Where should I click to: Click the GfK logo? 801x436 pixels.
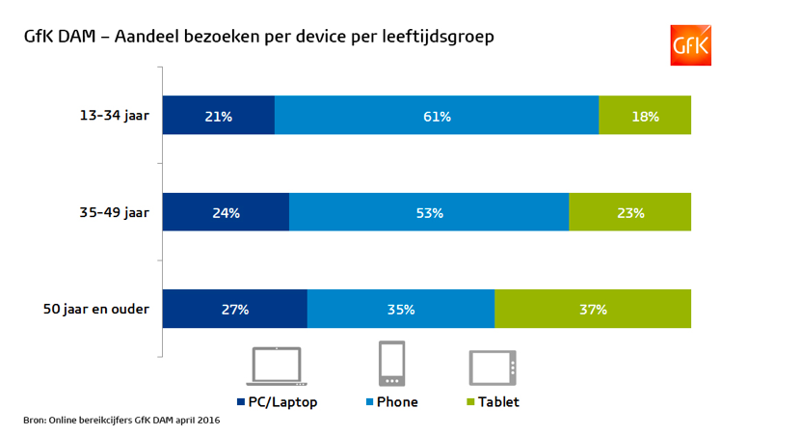pos(690,45)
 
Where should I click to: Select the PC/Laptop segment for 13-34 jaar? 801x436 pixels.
pos(219,116)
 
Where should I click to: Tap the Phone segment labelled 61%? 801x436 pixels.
pos(437,116)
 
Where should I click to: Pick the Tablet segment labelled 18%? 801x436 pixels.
pos(645,116)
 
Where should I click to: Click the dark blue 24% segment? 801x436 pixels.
pos(226,212)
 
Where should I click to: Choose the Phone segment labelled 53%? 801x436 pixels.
pos(429,212)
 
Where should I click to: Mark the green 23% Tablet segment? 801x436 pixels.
pos(629,212)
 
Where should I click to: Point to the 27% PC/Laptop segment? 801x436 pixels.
pos(234,310)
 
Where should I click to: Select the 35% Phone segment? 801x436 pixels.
pos(401,310)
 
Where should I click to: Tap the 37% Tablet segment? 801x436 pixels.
pos(593,310)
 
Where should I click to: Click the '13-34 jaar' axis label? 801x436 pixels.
pos(114,116)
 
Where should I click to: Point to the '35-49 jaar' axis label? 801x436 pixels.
pos(114,212)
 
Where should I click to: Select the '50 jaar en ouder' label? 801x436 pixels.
pos(96,310)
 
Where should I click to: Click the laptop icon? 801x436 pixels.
pos(280,367)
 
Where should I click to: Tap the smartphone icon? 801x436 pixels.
pos(391,365)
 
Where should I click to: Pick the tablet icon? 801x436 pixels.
pos(494,368)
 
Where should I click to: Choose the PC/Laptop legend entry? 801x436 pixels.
pos(277,401)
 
